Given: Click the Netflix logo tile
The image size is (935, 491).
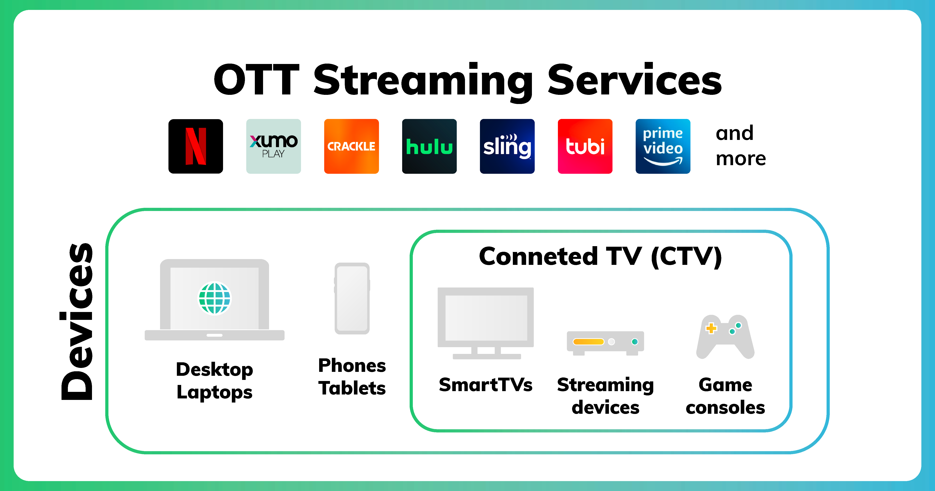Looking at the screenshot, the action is (196, 146).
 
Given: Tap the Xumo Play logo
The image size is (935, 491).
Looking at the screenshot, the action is (273, 146).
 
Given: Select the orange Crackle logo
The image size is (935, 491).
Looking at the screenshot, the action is (351, 146).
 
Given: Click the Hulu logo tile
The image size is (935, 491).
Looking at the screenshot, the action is (429, 146).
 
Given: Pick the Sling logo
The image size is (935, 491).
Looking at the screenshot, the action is (507, 146).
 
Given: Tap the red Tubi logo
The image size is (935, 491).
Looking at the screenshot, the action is (585, 146).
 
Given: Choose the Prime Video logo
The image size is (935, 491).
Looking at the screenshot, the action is (663, 146).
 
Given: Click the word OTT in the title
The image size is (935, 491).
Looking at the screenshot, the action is (256, 80).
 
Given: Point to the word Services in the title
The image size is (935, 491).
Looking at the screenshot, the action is (635, 80).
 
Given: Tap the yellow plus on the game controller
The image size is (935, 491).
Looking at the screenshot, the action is (711, 328).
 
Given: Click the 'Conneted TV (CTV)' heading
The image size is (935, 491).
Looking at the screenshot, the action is (600, 256).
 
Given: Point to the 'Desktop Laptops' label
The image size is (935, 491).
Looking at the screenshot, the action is (214, 381).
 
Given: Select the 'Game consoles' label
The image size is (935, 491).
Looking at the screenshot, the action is (725, 396).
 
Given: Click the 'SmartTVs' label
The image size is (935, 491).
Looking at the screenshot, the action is (486, 385).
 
